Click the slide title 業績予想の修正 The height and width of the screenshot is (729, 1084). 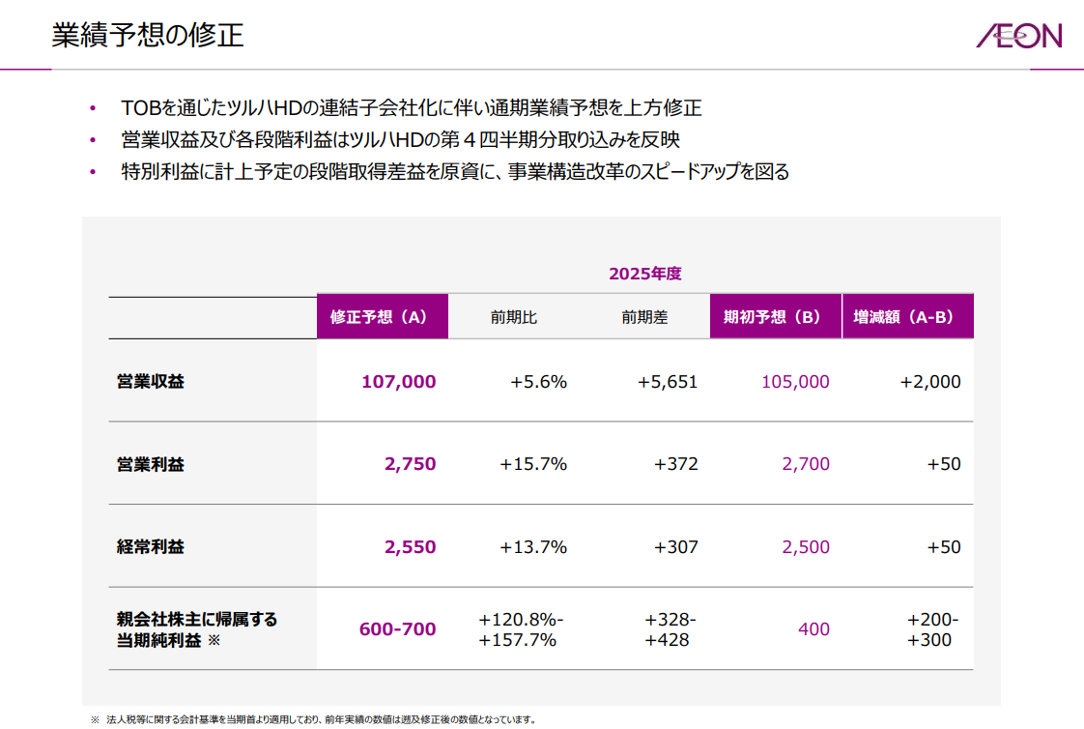coord(147,36)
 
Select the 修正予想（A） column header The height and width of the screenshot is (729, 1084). coord(382,317)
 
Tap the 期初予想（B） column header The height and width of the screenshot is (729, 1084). coord(775,317)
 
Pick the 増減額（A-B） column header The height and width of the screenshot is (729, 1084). coord(907,317)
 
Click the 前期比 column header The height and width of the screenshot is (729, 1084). coord(513,317)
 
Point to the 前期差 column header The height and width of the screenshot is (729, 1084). coord(644,317)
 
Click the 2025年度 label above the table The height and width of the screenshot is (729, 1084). coord(644,274)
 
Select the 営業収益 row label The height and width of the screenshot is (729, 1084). coord(150,381)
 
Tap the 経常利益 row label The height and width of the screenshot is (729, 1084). coord(150,546)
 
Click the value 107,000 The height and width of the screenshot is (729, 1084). coord(398,382)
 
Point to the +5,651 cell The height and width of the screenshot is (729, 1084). coord(667,382)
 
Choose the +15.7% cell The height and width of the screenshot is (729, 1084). coord(532,464)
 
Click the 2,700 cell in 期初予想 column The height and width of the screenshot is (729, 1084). coord(806,464)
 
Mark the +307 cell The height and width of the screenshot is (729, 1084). coord(675,547)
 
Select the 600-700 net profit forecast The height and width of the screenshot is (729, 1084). coord(397,629)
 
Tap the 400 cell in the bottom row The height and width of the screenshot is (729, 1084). coord(813,629)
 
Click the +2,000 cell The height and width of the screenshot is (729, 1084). coord(929,382)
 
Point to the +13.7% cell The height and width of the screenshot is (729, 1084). coord(532,547)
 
